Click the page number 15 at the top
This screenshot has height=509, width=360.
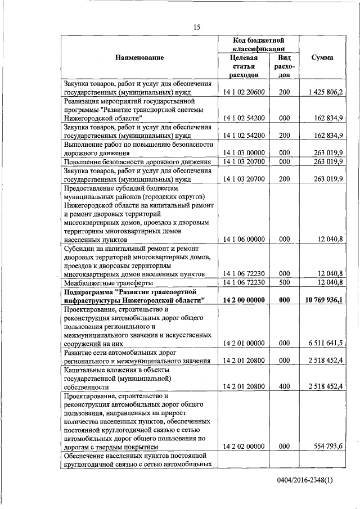197,27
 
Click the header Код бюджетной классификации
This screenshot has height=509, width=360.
258,45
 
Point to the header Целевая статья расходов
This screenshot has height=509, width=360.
244,66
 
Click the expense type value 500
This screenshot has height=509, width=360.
284,282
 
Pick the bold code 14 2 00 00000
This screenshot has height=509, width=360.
244,300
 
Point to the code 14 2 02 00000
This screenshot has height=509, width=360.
244,447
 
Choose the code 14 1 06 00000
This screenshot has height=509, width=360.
244,240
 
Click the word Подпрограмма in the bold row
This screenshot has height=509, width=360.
91,292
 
